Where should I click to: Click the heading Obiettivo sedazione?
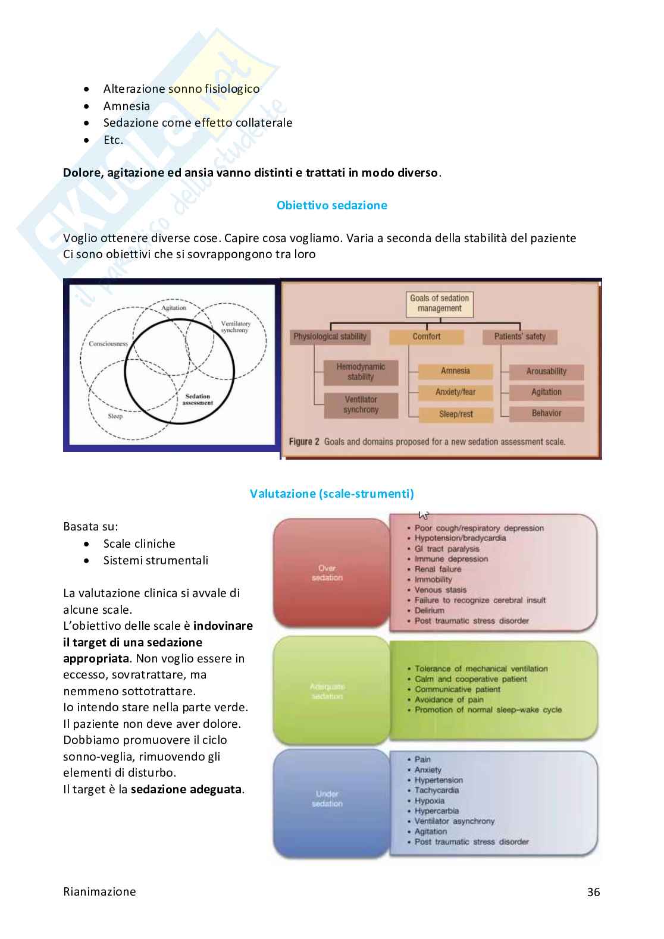pyautogui.click(x=331, y=205)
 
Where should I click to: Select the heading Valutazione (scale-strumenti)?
pyautogui.click(x=331, y=494)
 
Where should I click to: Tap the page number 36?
pyautogui.click(x=593, y=891)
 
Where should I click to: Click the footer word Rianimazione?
pyautogui.click(x=99, y=891)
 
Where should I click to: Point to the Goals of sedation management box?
pyautogui.click(x=439, y=303)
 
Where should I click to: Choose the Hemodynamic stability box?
pyautogui.click(x=361, y=372)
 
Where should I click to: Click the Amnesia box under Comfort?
pyautogui.click(x=455, y=371)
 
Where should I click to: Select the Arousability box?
pyautogui.click(x=546, y=372)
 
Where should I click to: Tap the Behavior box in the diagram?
pyautogui.click(x=546, y=413)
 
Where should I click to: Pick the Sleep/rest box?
pyautogui.click(x=456, y=414)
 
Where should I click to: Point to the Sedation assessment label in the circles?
pyautogui.click(x=198, y=400)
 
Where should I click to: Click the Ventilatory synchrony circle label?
pyautogui.click(x=235, y=326)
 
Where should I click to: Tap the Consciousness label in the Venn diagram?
pyautogui.click(x=108, y=344)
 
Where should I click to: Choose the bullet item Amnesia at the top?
pyautogui.click(x=126, y=106)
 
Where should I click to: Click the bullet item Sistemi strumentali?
pyautogui.click(x=155, y=560)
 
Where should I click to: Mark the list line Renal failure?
pyautogui.click(x=437, y=569)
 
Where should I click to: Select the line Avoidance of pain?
pyautogui.click(x=449, y=699)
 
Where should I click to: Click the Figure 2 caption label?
pyautogui.click(x=304, y=442)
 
